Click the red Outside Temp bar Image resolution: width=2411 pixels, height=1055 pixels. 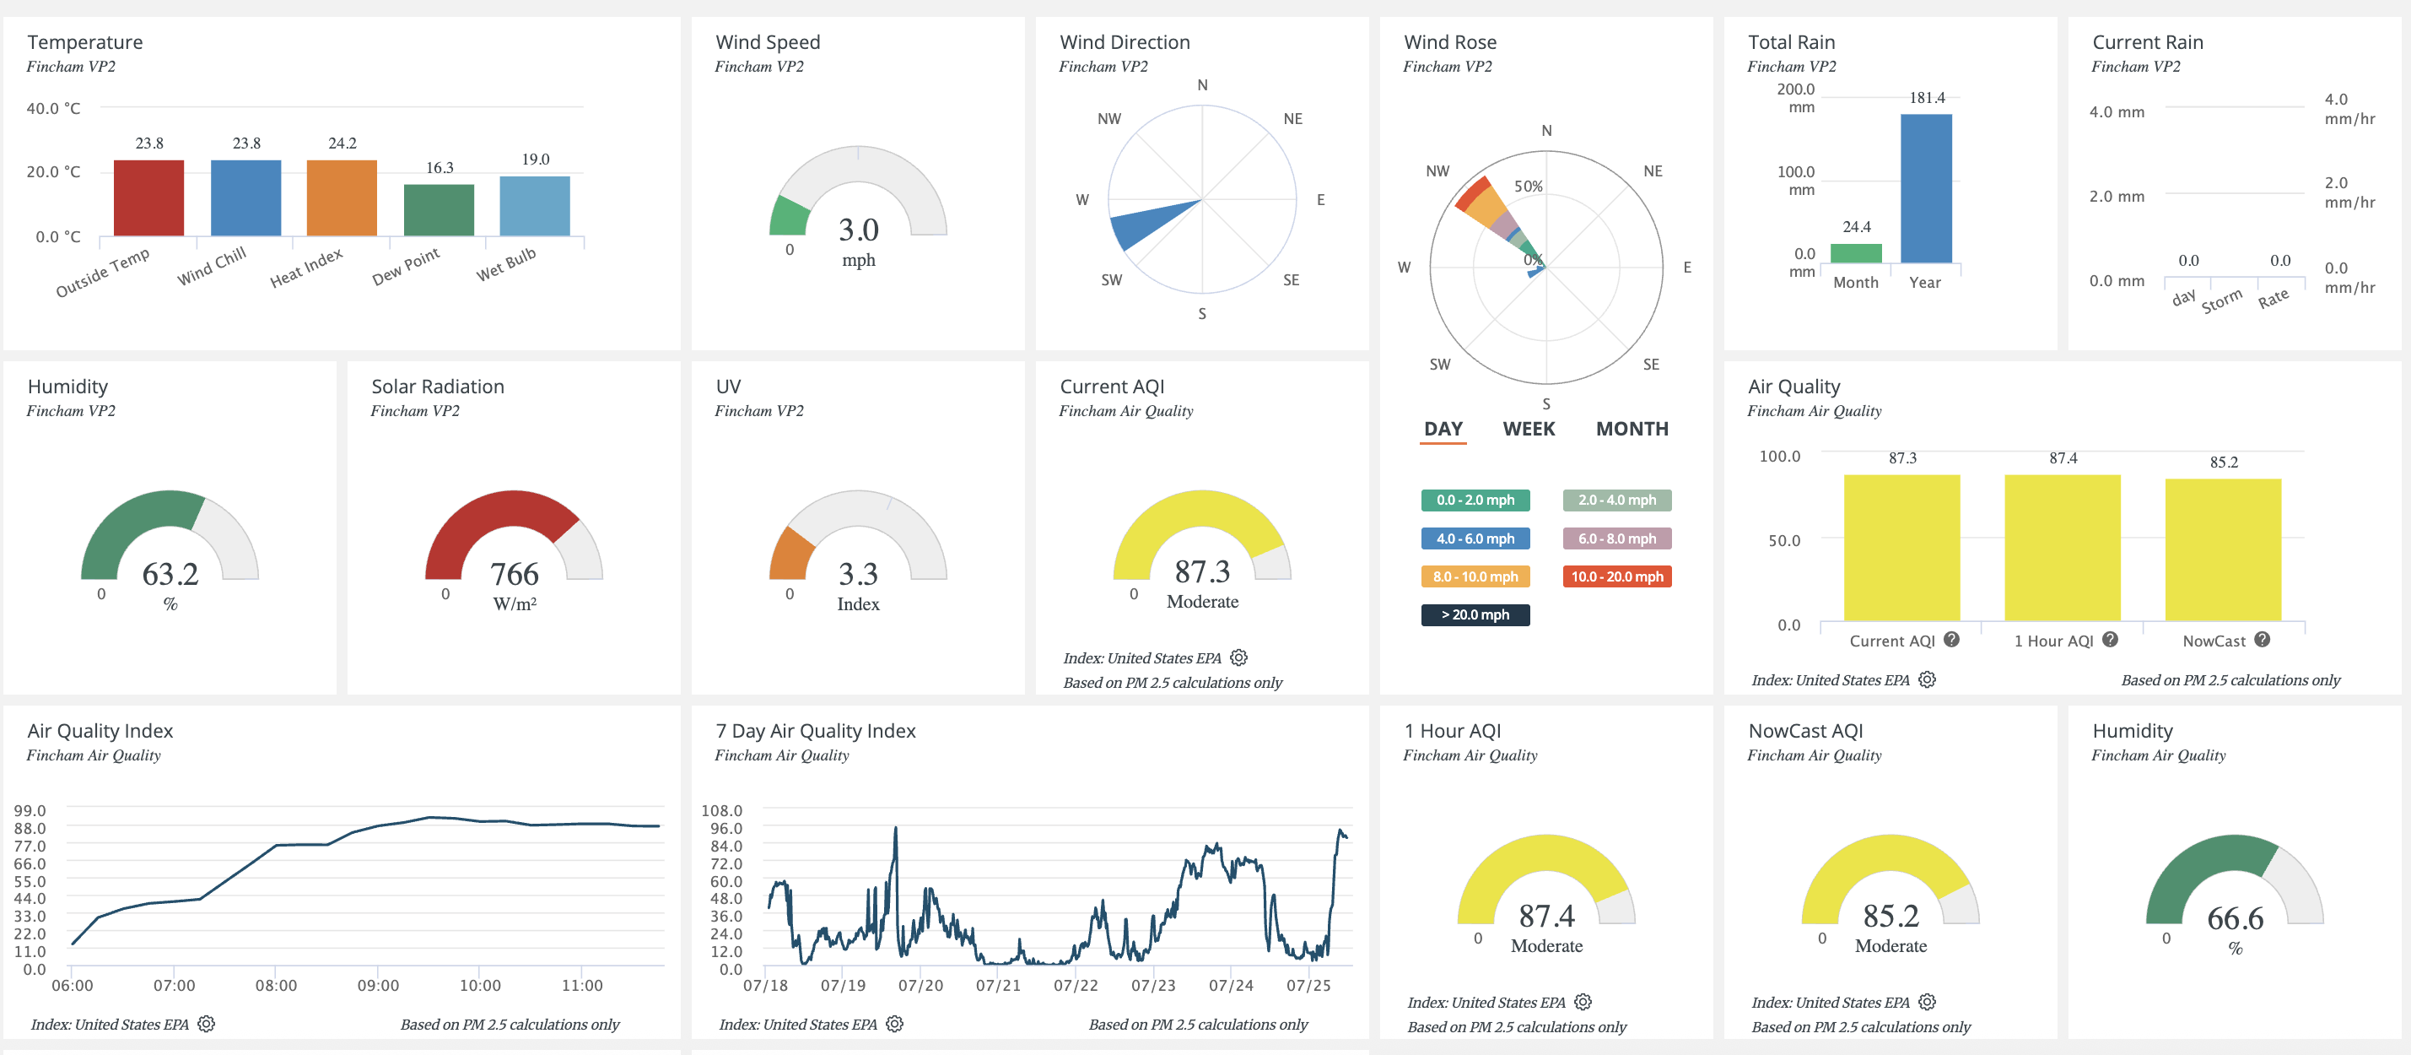point(148,197)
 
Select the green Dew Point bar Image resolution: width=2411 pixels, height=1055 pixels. point(439,209)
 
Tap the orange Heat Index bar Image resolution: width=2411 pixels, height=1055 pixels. point(342,197)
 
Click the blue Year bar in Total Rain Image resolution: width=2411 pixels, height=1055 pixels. point(1926,188)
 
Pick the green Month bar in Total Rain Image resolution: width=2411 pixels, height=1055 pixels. point(1856,252)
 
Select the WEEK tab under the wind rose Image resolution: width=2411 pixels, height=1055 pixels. point(1529,429)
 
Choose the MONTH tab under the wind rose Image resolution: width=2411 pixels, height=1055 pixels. point(1632,429)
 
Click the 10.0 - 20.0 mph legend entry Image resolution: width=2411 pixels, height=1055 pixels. point(1617,576)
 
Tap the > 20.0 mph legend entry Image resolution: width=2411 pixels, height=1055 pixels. point(1475,615)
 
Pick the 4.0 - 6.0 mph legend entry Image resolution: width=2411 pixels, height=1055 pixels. point(1475,538)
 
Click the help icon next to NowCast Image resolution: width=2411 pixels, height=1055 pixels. point(2263,640)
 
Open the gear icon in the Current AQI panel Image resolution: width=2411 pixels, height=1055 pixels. point(1239,657)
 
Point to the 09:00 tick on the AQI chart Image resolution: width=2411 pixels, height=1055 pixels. point(378,985)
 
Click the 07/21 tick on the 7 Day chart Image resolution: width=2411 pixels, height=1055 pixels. point(998,985)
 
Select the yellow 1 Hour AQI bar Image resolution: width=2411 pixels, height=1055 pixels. point(2063,548)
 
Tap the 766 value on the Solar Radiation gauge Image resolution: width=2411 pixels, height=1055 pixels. point(514,574)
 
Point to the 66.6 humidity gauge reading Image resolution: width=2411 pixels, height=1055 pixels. point(2235,918)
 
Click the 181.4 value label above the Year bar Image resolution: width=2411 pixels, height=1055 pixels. point(1927,97)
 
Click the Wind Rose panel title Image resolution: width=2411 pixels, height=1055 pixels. point(1450,42)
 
